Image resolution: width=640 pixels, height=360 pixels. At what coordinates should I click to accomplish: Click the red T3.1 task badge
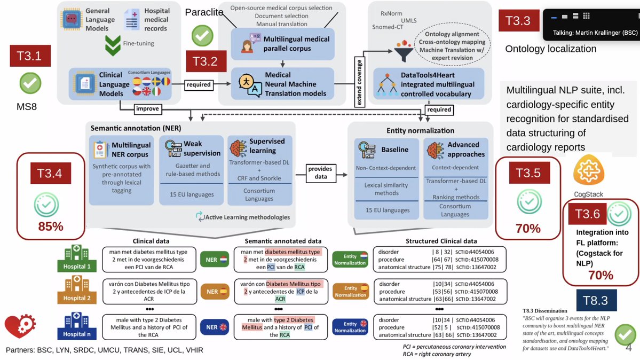30,56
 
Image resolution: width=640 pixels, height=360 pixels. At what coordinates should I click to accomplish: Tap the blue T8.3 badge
596,301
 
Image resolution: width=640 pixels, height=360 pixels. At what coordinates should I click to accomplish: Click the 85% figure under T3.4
51,226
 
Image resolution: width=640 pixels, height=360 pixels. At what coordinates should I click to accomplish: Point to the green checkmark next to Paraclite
202,36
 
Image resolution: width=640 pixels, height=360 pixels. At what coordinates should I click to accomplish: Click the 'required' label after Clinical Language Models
199,84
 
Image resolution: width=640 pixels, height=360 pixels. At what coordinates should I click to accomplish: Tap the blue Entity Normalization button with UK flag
350,327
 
